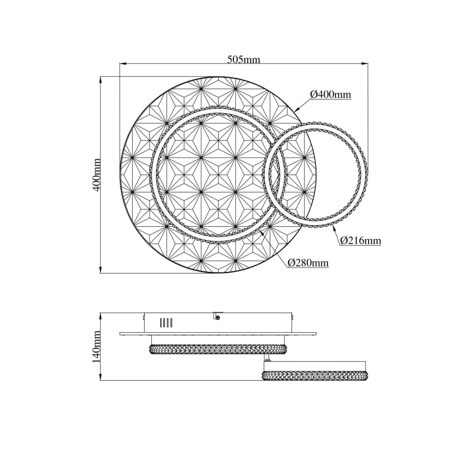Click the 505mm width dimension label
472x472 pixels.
coord(244,59)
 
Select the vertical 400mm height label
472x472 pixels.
coord(96,175)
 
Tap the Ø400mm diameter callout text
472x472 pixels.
coord(331,95)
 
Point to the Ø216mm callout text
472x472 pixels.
coord(361,240)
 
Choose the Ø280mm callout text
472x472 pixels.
coord(308,263)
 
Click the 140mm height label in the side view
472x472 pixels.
coord(96,346)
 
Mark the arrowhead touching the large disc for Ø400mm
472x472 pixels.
coord(297,110)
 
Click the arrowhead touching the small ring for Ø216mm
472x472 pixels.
coord(334,227)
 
